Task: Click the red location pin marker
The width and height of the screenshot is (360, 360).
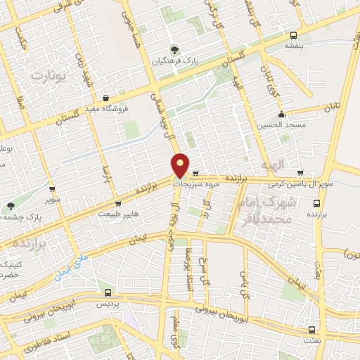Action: click(181, 165)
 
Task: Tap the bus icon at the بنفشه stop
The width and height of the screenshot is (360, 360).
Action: click(293, 34)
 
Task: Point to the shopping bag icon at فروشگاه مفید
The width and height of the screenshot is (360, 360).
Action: click(105, 98)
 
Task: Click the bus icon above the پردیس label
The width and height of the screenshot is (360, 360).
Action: click(107, 292)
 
